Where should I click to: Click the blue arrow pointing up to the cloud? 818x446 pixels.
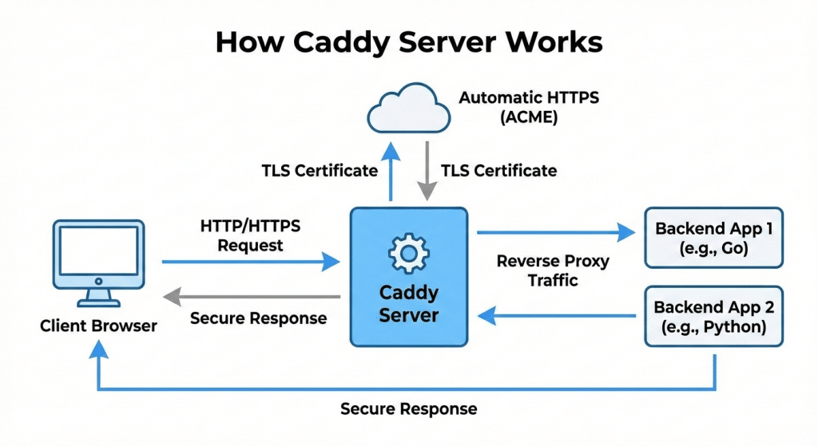(390, 172)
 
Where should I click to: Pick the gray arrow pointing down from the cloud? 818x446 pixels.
(427, 172)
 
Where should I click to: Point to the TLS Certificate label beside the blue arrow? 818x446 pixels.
(319, 171)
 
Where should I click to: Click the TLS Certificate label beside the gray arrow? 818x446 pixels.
(499, 171)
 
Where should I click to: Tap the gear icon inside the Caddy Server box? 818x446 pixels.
(408, 254)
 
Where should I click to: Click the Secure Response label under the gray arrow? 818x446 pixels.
(258, 318)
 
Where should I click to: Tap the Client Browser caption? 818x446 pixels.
(98, 326)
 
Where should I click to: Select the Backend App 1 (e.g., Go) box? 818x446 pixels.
(713, 238)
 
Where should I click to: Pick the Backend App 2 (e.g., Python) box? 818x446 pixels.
(713, 317)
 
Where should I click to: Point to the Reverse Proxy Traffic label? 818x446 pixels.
(552, 270)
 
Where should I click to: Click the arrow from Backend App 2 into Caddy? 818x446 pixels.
(559, 317)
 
